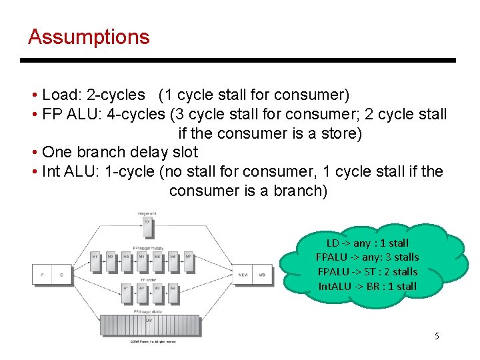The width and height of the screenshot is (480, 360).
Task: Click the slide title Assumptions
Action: [x=89, y=37]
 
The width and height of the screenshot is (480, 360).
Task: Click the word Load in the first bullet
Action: [x=59, y=95]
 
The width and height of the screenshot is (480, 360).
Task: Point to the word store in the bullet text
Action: [x=337, y=133]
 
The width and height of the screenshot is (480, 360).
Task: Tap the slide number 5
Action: [x=437, y=336]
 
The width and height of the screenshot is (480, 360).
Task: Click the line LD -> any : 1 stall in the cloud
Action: [x=367, y=243]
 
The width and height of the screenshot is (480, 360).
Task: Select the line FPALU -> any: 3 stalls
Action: [x=367, y=257]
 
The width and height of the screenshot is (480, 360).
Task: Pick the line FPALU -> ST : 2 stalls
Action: [x=367, y=271]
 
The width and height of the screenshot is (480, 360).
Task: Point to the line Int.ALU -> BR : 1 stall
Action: [x=367, y=286]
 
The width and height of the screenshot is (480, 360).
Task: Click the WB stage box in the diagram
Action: [x=262, y=274]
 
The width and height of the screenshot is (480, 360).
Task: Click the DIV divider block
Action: [x=148, y=321]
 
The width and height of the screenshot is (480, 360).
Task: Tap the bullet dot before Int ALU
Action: [x=33, y=172]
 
